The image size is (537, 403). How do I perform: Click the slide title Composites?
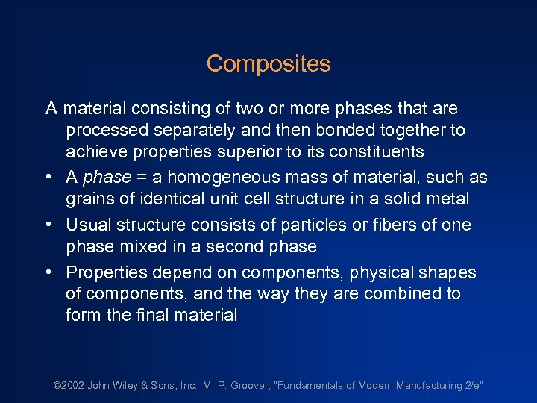(268, 64)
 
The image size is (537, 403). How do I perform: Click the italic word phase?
(106, 178)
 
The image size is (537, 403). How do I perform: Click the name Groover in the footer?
(249, 386)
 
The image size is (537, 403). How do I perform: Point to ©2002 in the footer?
(68, 386)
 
